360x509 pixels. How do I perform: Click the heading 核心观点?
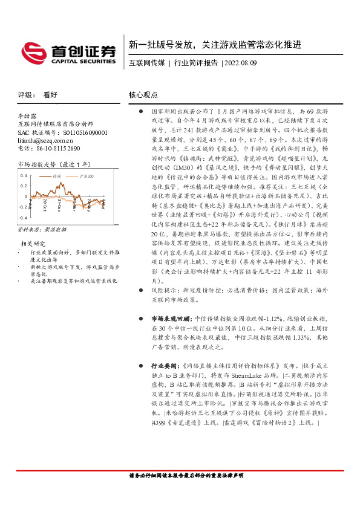[143, 95]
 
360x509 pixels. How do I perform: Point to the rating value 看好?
[50, 95]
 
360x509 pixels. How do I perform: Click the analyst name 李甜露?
[28, 115]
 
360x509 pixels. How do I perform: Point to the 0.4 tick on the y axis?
[24, 175]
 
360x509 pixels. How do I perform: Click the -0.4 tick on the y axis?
[22, 216]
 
